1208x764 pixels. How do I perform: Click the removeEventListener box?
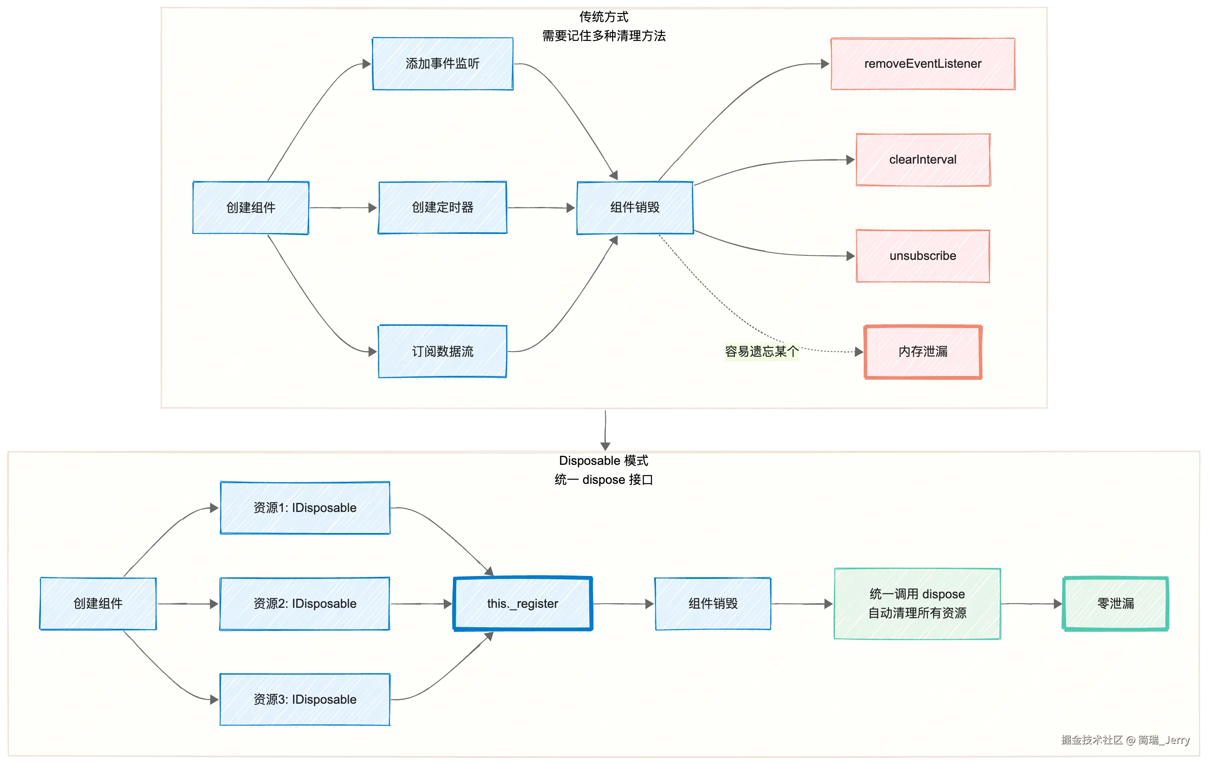pyautogui.click(x=922, y=64)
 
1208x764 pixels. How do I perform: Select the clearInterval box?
pyautogui.click(x=922, y=159)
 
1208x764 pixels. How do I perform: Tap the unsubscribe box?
pyautogui.click(x=922, y=256)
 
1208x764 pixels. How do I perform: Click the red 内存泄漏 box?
pyautogui.click(x=922, y=352)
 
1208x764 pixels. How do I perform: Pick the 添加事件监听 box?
pyautogui.click(x=443, y=64)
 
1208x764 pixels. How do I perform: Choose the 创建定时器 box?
pyautogui.click(x=443, y=207)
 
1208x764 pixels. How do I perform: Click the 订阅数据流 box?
pyautogui.click(x=443, y=351)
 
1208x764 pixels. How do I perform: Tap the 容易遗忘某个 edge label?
pyautogui.click(x=761, y=351)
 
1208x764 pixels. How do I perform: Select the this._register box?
pyautogui.click(x=522, y=604)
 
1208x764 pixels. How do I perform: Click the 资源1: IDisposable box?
pyautogui.click(x=305, y=508)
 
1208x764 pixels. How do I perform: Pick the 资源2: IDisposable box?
pyautogui.click(x=305, y=604)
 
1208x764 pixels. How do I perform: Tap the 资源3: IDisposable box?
pyautogui.click(x=305, y=699)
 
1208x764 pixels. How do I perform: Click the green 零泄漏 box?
pyautogui.click(x=1115, y=604)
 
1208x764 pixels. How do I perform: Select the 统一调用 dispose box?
pyautogui.click(x=917, y=604)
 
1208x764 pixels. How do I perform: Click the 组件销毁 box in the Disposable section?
pyautogui.click(x=713, y=604)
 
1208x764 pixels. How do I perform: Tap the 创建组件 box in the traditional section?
pyautogui.click(x=251, y=207)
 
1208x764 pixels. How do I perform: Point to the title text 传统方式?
pyautogui.click(x=603, y=17)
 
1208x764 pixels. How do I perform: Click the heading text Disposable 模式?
pyautogui.click(x=603, y=460)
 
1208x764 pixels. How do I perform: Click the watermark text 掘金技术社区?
pyautogui.click(x=1091, y=740)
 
